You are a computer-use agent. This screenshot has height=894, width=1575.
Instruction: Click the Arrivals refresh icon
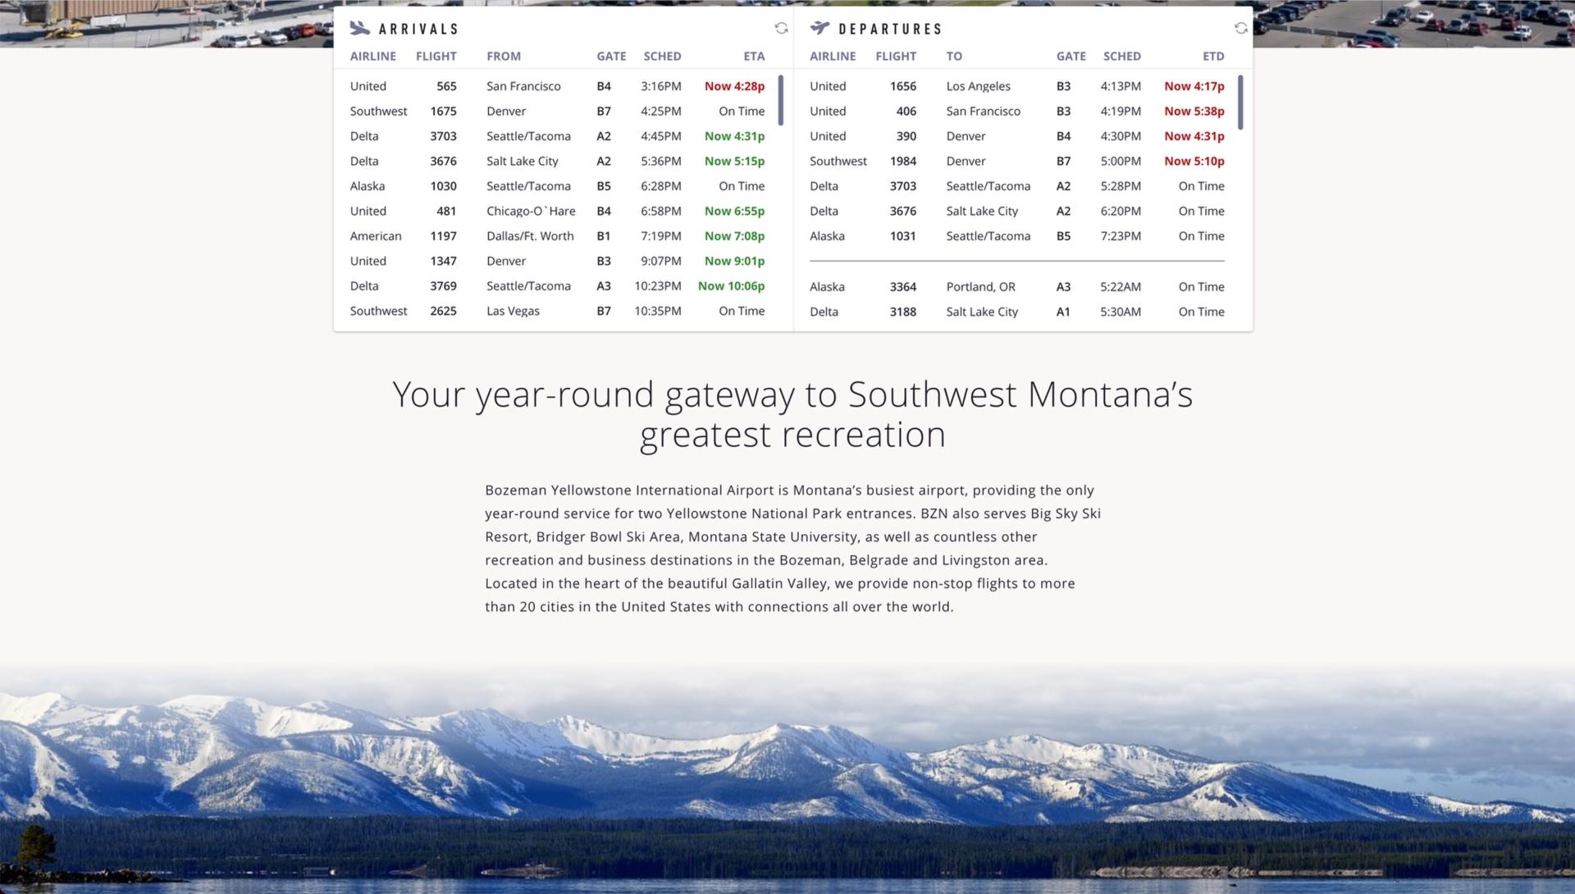pyautogui.click(x=781, y=28)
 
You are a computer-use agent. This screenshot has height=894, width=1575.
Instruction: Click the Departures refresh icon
pyautogui.click(x=1241, y=28)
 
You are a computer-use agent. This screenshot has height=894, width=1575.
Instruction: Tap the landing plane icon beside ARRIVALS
pyautogui.click(x=360, y=28)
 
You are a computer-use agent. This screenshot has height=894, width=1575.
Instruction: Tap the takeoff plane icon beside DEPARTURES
pyautogui.click(x=819, y=28)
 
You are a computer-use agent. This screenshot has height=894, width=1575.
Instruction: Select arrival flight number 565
pyautogui.click(x=446, y=86)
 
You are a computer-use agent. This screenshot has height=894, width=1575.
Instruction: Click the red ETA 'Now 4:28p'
pyautogui.click(x=734, y=86)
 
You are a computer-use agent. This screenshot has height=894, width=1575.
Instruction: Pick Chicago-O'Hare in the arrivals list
pyautogui.click(x=531, y=211)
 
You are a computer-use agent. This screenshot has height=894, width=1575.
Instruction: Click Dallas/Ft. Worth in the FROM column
pyautogui.click(x=530, y=236)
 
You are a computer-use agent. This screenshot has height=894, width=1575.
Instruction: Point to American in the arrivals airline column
pyautogui.click(x=376, y=236)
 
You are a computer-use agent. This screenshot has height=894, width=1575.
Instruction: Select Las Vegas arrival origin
pyautogui.click(x=513, y=311)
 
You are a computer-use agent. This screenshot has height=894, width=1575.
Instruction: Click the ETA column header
pyautogui.click(x=754, y=57)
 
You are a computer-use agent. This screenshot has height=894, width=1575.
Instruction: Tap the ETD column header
pyautogui.click(x=1213, y=57)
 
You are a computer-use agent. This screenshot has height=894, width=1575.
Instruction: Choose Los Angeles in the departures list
pyautogui.click(x=978, y=86)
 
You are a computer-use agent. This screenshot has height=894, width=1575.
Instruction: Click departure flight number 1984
pyautogui.click(x=903, y=161)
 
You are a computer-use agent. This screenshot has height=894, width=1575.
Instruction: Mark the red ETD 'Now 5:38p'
pyautogui.click(x=1194, y=112)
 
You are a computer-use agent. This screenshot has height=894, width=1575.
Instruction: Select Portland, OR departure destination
pyautogui.click(x=980, y=287)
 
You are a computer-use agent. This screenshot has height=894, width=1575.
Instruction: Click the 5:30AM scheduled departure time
pyautogui.click(x=1121, y=312)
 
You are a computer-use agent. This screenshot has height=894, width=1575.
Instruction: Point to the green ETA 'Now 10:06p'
pyautogui.click(x=731, y=286)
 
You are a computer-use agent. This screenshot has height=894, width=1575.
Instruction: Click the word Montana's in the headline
pyautogui.click(x=1110, y=395)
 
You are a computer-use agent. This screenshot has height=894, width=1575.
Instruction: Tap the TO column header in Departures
pyautogui.click(x=954, y=57)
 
